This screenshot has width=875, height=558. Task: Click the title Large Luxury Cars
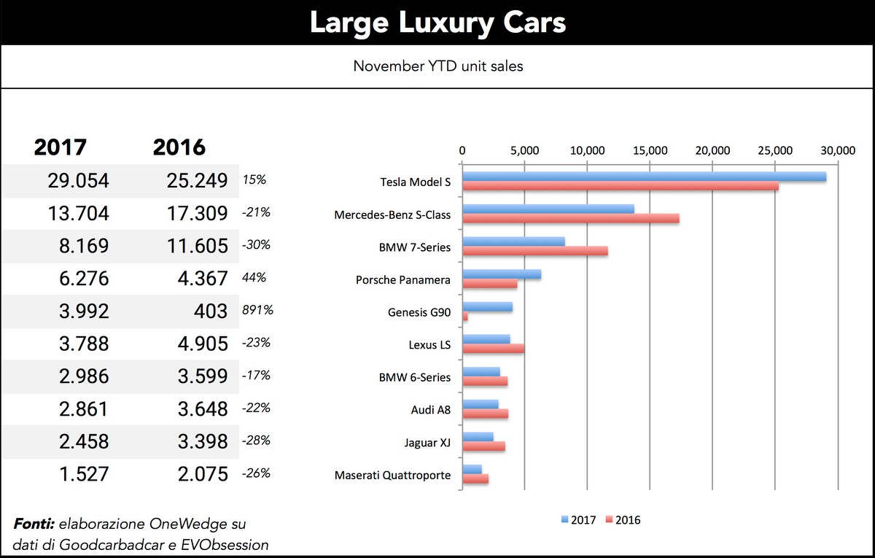click(x=437, y=23)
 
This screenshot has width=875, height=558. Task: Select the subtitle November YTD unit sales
click(x=437, y=66)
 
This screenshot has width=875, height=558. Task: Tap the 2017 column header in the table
click(x=61, y=147)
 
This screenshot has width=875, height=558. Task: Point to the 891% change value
click(x=257, y=310)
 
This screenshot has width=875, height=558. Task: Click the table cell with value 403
click(x=211, y=311)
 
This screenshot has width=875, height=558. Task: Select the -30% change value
click(x=255, y=245)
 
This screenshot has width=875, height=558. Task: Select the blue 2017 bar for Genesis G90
click(x=488, y=307)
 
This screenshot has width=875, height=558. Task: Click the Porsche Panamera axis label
click(x=402, y=280)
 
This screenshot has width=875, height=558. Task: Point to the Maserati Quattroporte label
click(x=392, y=476)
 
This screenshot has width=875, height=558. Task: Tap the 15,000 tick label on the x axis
click(x=649, y=150)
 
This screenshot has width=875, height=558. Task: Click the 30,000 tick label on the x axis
click(x=837, y=150)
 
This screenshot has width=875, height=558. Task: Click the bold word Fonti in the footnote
click(x=34, y=524)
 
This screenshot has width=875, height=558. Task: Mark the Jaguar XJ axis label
click(x=427, y=443)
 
